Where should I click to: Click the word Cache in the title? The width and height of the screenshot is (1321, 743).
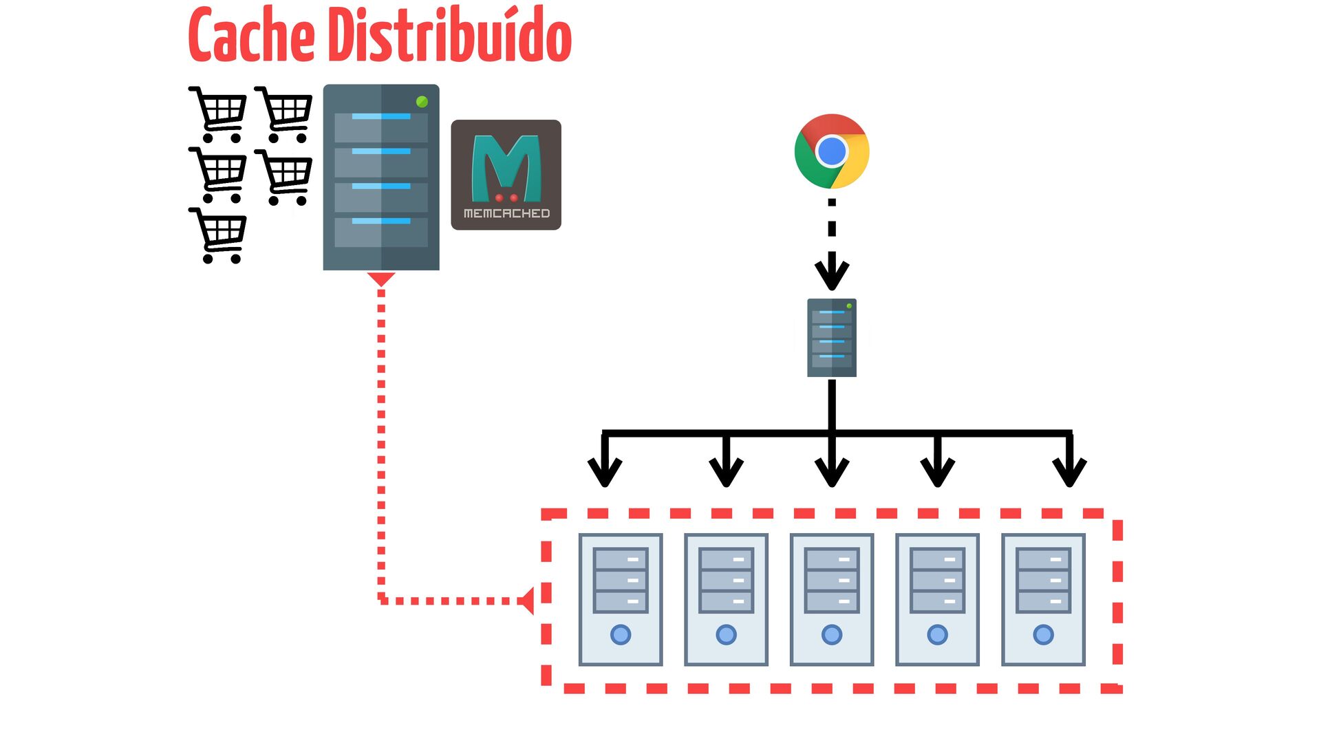pyautogui.click(x=252, y=35)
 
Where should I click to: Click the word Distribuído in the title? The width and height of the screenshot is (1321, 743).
pyautogui.click(x=449, y=34)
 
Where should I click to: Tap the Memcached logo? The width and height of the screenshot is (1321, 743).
pyautogui.click(x=506, y=175)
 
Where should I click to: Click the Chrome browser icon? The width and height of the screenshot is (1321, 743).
pyautogui.click(x=832, y=151)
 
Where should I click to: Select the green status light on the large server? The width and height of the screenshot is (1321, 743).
pyautogui.click(x=422, y=102)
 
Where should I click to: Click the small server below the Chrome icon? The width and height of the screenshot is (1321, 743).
pyautogui.click(x=832, y=337)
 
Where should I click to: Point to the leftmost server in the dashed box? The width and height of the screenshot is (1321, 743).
pyautogui.click(x=621, y=599)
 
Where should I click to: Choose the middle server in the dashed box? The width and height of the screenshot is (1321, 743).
pyautogui.click(x=832, y=599)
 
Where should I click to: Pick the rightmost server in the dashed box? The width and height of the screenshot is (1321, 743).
pyautogui.click(x=1043, y=599)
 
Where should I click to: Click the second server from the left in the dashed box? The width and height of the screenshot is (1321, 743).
pyautogui.click(x=726, y=599)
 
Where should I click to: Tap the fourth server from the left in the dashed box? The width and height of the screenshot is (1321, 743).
pyautogui.click(x=937, y=599)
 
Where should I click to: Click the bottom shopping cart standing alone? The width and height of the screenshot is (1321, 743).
pyautogui.click(x=218, y=235)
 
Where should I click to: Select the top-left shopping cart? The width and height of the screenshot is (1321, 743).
pyautogui.click(x=218, y=114)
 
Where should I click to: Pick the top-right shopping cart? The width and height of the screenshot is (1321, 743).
pyautogui.click(x=283, y=114)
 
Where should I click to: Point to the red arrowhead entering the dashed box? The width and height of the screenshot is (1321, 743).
pyautogui.click(x=526, y=601)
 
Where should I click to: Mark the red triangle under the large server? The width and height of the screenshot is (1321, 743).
pyautogui.click(x=381, y=279)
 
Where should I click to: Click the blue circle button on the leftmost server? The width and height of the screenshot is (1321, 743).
pyautogui.click(x=621, y=634)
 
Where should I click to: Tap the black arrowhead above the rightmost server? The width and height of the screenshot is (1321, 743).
pyautogui.click(x=1069, y=470)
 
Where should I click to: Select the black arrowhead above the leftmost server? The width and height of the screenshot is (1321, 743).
pyautogui.click(x=605, y=470)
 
